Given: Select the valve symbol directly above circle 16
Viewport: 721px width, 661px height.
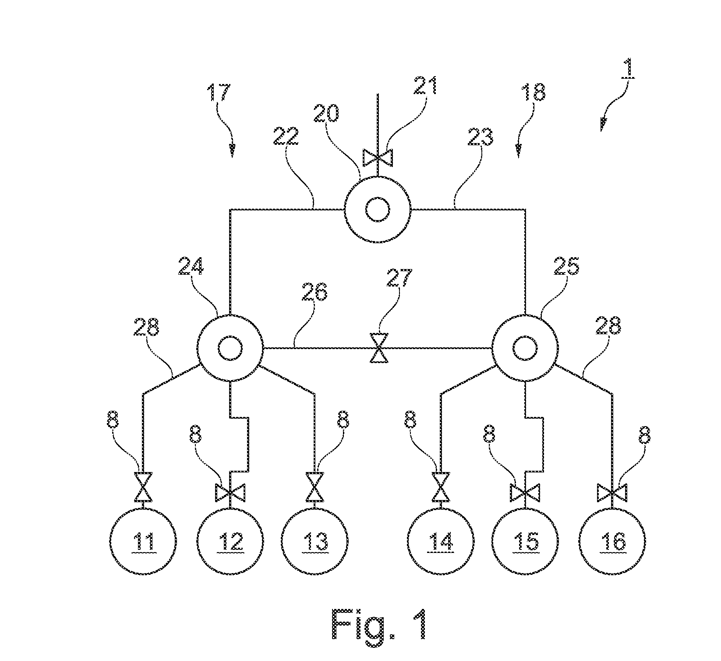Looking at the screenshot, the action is click(612, 493).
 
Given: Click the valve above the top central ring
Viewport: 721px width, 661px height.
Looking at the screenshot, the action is click(378, 157).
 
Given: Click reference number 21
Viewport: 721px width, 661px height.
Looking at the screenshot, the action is click(424, 86).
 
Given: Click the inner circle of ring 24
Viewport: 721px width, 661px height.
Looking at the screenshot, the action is click(230, 349).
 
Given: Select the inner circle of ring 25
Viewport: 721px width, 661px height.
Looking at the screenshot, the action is click(525, 349).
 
